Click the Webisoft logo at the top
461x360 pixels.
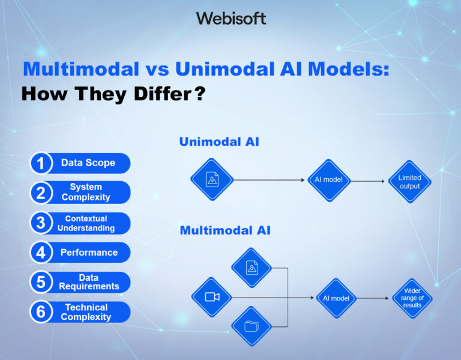pyautogui.click(x=230, y=18)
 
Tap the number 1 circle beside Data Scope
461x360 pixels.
pyautogui.click(x=41, y=163)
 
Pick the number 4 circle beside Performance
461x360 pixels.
pyautogui.click(x=41, y=253)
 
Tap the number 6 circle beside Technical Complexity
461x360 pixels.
pyautogui.click(x=41, y=311)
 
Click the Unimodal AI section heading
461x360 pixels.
pyautogui.click(x=219, y=142)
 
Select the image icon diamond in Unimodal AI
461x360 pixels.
pyautogui.click(x=212, y=179)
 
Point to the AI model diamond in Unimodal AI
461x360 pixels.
pyautogui.click(x=329, y=180)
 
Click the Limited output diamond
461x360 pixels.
pyautogui.click(x=409, y=181)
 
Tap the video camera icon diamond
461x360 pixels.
pyautogui.click(x=212, y=297)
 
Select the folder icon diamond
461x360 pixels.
pyautogui.click(x=252, y=326)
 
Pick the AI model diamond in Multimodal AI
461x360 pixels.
pyautogui.click(x=336, y=298)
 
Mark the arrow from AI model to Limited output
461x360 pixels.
pyautogui.click(x=367, y=181)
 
